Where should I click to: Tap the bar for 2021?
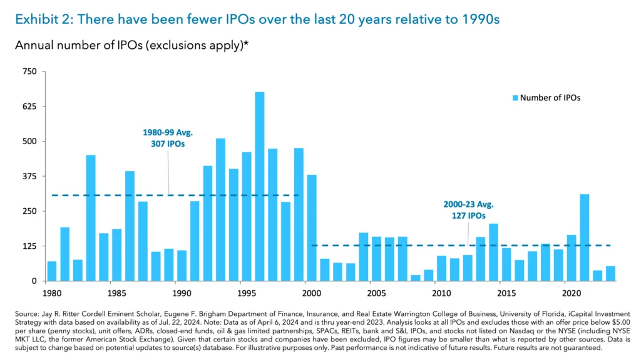584,238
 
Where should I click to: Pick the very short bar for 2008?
416,278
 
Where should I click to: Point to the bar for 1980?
52,271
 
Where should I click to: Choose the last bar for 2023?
610,273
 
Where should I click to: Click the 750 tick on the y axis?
31,72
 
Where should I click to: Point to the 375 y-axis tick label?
31,176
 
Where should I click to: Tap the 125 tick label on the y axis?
31,246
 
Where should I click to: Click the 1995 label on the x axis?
246,293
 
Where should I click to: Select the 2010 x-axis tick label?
441,293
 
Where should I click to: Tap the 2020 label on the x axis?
570,293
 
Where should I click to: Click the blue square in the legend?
515,98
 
